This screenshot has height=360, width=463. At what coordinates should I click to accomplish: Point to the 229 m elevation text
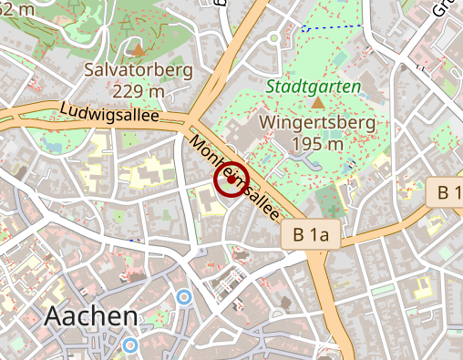pos(139,91)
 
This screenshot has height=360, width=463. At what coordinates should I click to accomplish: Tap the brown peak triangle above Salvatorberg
pos(138,49)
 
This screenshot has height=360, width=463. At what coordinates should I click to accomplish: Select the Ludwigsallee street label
pos(108,114)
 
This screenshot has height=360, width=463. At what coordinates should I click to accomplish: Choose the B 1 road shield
pos(448,192)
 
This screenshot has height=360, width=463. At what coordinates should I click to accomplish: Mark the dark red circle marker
pos(231,179)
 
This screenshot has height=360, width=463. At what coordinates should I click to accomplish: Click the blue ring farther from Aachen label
pos(184,296)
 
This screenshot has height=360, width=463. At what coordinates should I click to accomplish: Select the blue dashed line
pos(332,27)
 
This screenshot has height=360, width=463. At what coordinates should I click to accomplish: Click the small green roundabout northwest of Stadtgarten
pos(273,37)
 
